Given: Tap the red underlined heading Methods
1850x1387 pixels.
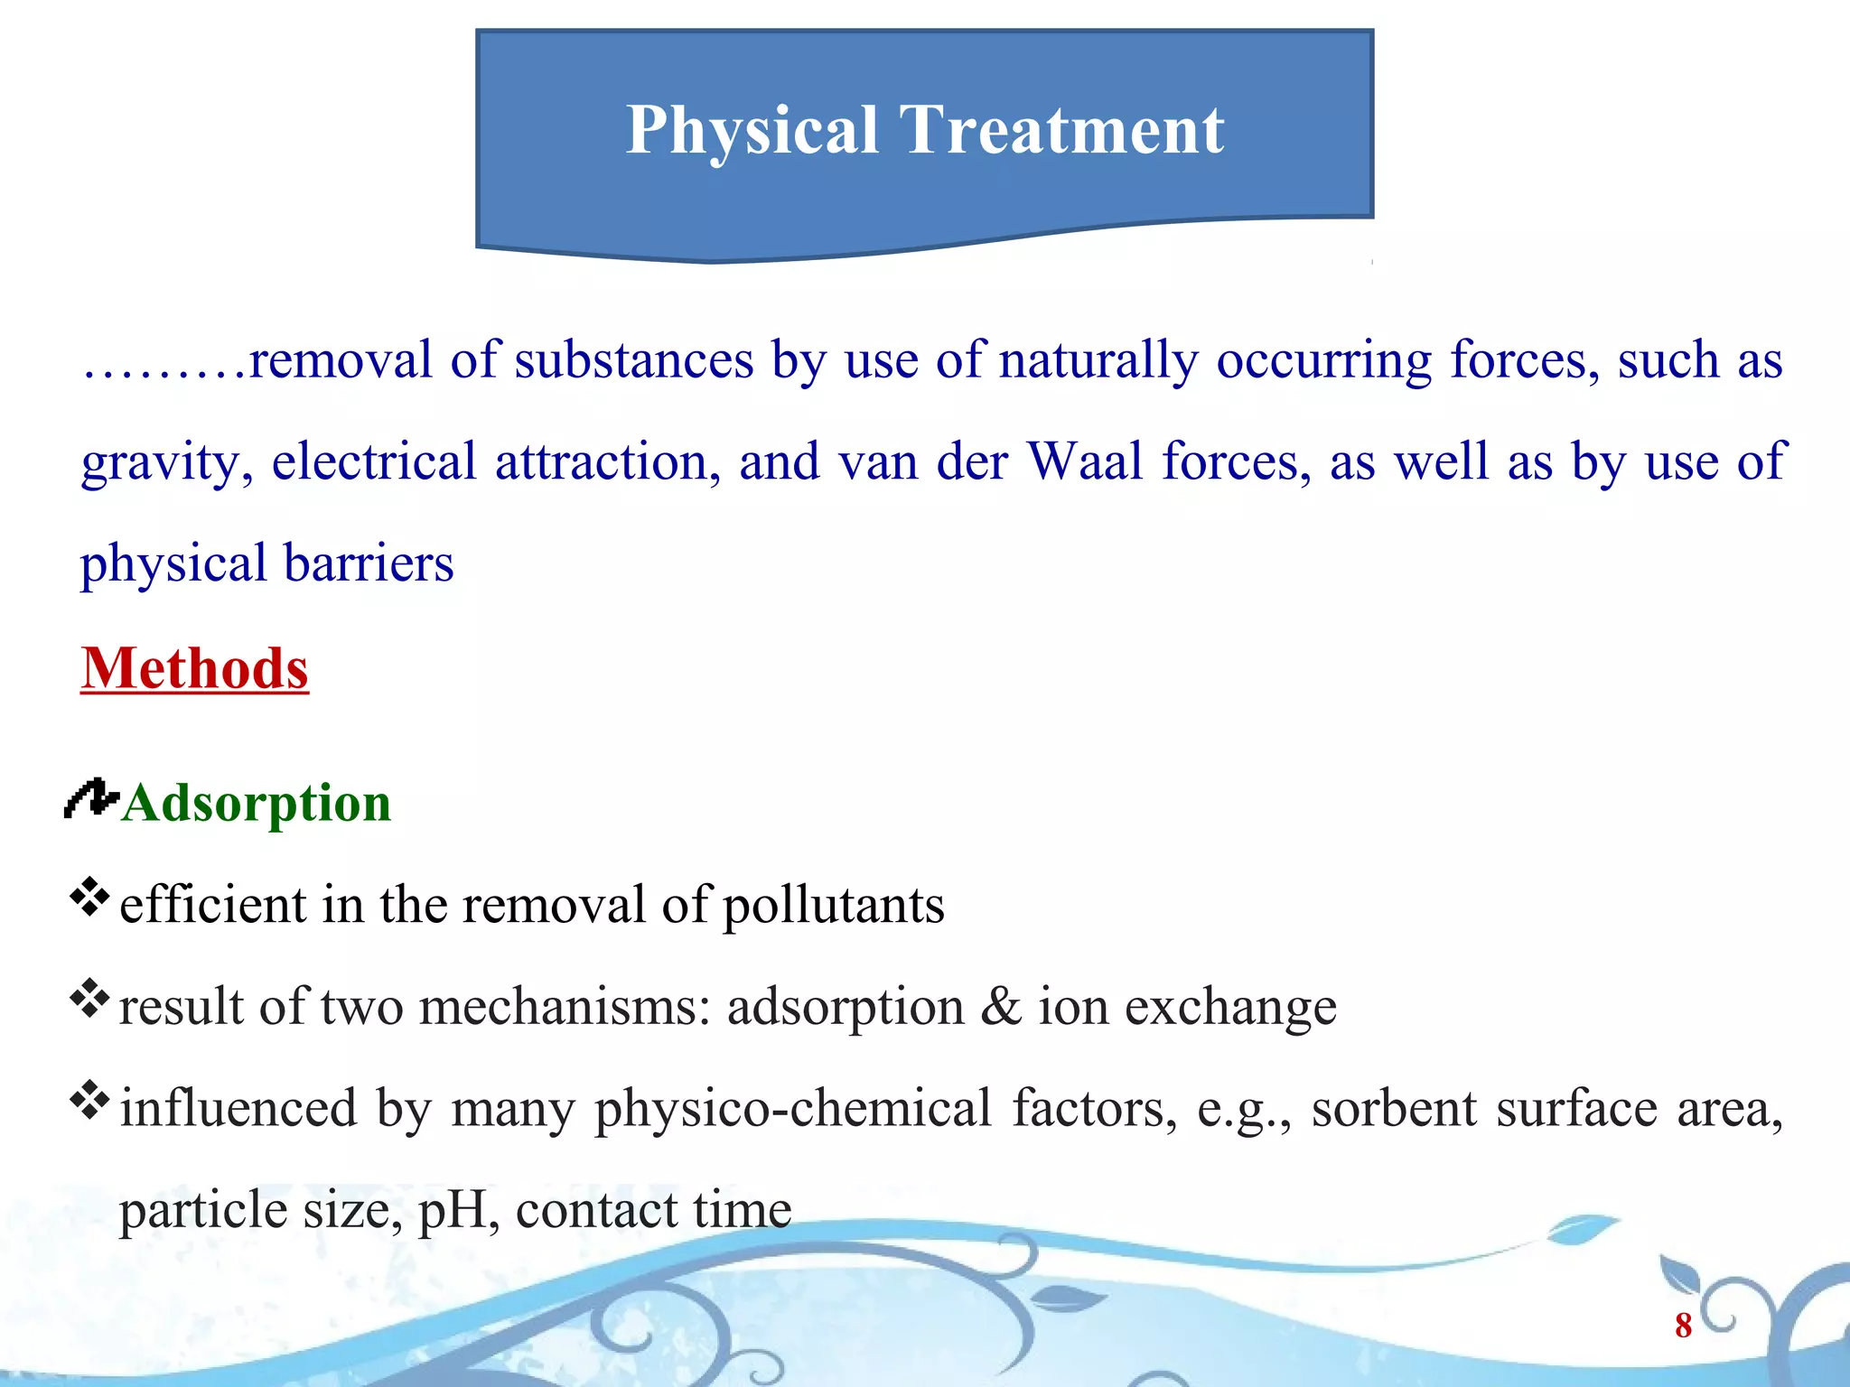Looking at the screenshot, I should click(194, 669).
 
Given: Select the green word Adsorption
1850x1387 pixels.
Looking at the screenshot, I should click(257, 803).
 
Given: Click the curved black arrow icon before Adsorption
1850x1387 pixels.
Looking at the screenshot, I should click(90, 798).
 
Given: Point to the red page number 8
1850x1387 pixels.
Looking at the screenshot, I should click(1683, 1326).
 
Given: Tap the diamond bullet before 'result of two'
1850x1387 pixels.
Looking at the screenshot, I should click(89, 998).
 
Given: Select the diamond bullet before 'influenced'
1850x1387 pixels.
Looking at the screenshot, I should click(89, 1100).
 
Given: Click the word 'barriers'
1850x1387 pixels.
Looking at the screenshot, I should click(369, 563).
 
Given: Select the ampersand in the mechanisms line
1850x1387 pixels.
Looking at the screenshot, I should click(1001, 1006).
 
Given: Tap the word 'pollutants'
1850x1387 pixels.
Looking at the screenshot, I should click(834, 906).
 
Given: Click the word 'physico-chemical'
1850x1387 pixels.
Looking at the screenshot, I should click(793, 1109).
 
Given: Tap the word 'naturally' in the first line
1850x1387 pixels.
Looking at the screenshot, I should click(1098, 360).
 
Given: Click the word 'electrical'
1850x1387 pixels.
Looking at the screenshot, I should click(374, 461).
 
